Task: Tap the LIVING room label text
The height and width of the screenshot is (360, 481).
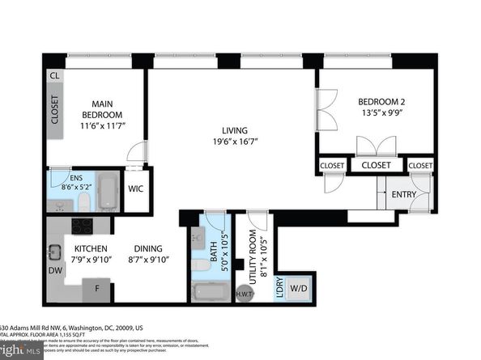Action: point(235,130)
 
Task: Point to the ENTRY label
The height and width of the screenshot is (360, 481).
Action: point(404,195)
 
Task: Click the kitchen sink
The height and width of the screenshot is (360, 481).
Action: point(54,252)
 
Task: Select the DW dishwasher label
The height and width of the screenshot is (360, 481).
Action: point(54,270)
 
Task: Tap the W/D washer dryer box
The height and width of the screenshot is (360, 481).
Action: point(297,286)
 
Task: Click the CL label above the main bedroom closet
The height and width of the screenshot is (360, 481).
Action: point(54,75)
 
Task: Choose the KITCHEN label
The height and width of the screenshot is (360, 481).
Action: point(92,248)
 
